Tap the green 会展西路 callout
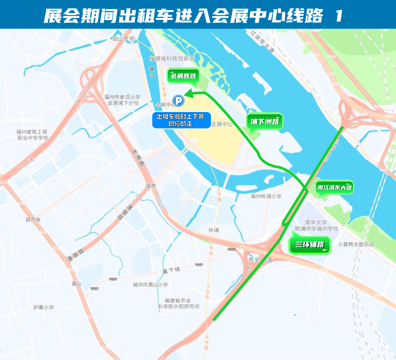(183, 76)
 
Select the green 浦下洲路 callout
(265, 121)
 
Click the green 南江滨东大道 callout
(335, 188)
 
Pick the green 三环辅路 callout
(310, 245)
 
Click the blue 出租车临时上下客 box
(181, 120)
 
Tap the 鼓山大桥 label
(124, 39)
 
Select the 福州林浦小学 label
(266, 196)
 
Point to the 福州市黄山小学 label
(150, 284)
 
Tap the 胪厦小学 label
(44, 307)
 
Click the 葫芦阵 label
(33, 220)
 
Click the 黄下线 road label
(171, 271)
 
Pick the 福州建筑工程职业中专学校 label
(32, 135)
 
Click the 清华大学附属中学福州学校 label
(317, 226)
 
